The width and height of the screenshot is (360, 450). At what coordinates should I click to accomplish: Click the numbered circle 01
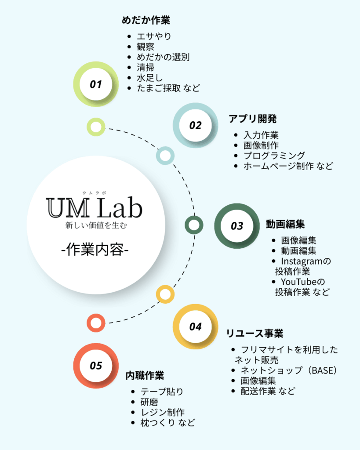coord(96,84)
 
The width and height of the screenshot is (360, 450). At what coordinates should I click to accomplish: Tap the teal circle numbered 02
coord(195,125)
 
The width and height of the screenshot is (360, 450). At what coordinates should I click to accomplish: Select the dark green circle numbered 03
coord(237,226)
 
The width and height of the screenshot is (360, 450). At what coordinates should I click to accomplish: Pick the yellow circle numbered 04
coord(195,327)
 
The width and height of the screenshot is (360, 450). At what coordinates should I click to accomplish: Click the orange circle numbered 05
coord(96,366)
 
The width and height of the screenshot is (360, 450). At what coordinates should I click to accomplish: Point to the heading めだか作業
coord(145,20)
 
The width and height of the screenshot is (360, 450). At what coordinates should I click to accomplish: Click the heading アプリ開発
coord(253,119)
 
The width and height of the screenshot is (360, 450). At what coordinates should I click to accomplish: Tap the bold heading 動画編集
coord(285,224)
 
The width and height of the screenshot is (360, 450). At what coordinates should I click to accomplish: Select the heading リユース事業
coord(255,333)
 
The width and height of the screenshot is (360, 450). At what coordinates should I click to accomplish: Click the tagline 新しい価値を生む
coord(95,226)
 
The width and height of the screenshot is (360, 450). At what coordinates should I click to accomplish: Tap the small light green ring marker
coord(96,127)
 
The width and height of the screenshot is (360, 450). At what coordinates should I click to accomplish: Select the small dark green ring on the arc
coord(194,225)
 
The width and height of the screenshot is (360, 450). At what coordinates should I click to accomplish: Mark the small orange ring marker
coord(96,323)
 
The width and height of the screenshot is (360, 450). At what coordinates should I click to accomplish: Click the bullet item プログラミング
coord(274,155)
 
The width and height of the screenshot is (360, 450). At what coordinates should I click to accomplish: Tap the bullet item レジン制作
coord(162,412)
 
